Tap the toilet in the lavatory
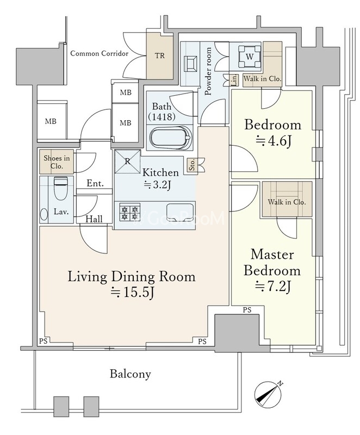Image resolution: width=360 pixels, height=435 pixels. (x=61, y=188)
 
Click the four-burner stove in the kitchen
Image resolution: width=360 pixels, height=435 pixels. (x=130, y=212)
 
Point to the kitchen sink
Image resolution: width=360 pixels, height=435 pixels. (x=179, y=212)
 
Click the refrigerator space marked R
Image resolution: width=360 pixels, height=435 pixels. (x=128, y=161)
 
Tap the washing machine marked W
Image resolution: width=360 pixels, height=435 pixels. (x=250, y=57)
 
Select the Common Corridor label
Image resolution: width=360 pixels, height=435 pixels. (x=100, y=53)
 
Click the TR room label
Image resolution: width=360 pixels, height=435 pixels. (x=160, y=55)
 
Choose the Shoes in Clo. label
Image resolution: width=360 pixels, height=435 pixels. (x=57, y=162)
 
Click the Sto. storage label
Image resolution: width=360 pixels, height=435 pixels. (x=192, y=165)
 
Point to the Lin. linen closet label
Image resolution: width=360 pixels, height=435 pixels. (x=234, y=80)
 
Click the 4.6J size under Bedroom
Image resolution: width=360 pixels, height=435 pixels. (x=273, y=141)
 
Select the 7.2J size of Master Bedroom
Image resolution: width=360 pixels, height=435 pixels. (x=272, y=287)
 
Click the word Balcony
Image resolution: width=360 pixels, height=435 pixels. (x=131, y=374)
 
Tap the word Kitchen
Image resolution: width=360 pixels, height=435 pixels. (x=160, y=172)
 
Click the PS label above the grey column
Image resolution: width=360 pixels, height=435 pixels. (x=247, y=310)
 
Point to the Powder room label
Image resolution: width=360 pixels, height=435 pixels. (x=208, y=71)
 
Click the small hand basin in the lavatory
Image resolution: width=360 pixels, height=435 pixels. (x=44, y=215)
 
